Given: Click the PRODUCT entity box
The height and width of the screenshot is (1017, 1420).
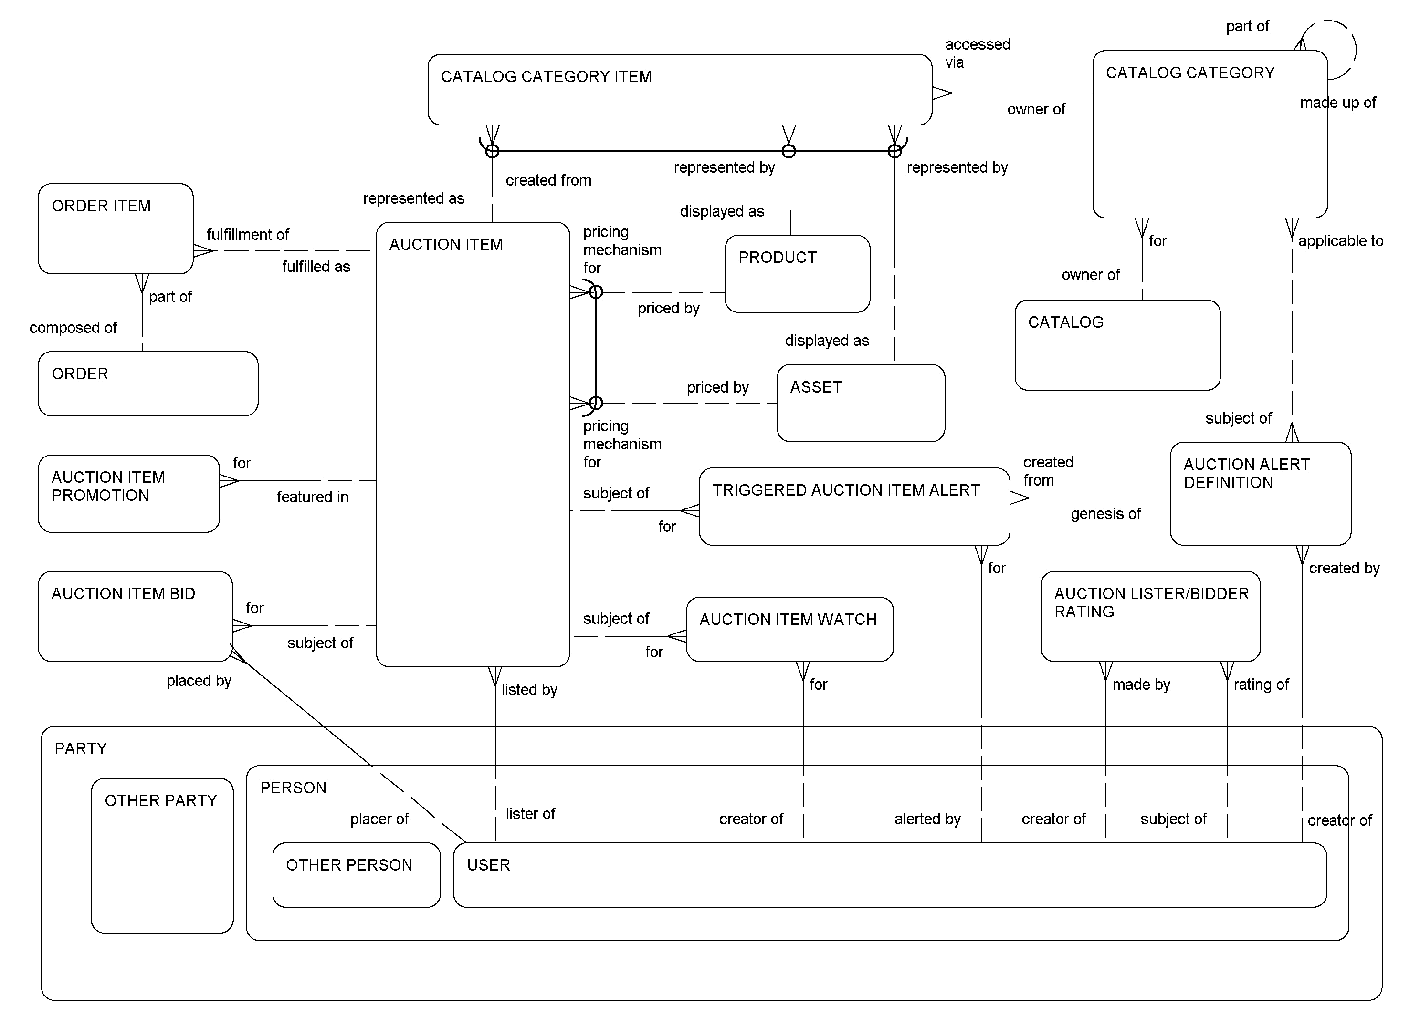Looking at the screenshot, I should tap(797, 273).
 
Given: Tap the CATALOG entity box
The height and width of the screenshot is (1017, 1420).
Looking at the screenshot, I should tap(1117, 345).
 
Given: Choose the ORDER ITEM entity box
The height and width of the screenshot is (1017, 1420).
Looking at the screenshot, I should tap(116, 228).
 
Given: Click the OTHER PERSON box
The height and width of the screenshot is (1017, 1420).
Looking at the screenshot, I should tap(356, 874).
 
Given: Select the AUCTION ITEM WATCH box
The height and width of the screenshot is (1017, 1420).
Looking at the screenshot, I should tap(789, 629).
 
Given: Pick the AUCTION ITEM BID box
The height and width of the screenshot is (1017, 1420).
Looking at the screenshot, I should tap(135, 616).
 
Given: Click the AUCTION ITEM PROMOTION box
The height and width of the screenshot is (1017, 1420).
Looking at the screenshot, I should tap(129, 493).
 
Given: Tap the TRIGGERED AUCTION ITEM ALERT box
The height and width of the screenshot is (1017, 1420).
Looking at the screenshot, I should tap(854, 506).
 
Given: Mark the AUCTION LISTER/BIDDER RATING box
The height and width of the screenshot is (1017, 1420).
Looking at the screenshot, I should tap(1150, 616).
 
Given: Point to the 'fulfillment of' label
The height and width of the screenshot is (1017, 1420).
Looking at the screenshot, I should tap(247, 235).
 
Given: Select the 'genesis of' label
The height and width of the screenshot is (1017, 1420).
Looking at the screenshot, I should tap(1105, 514).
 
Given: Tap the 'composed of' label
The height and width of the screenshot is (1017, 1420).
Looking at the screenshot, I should tap(73, 327).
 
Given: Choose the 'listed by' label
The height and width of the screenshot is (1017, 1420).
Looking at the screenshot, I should tap(529, 690).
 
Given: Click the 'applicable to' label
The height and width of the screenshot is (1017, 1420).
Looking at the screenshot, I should tap(1340, 241).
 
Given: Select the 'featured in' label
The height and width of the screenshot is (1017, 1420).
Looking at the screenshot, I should tap(313, 497).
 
